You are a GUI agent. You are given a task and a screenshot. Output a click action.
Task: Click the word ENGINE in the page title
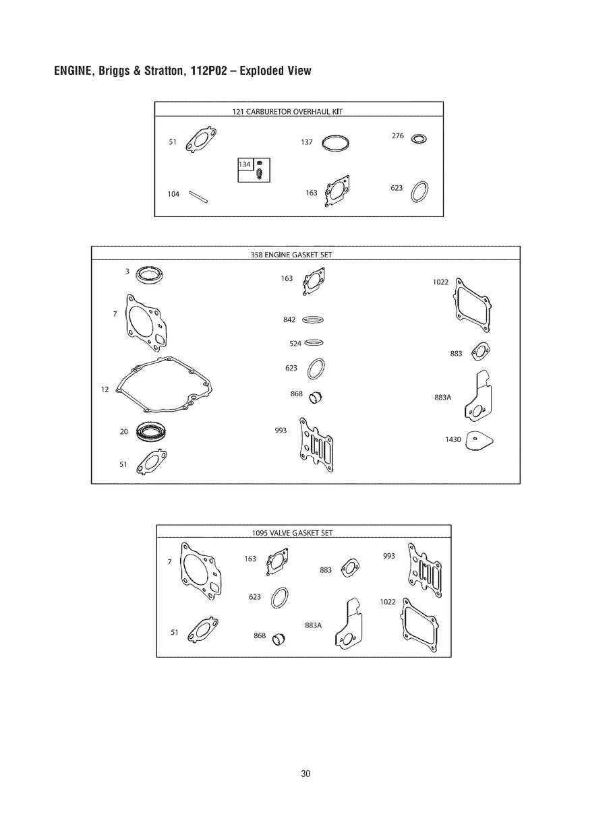(74, 71)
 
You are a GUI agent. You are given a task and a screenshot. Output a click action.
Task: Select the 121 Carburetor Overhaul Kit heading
(287, 112)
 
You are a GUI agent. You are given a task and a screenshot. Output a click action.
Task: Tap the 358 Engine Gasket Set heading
(291, 255)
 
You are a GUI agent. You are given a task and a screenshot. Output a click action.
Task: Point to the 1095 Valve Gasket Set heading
(292, 533)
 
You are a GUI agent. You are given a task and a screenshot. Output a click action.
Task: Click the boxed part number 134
(245, 164)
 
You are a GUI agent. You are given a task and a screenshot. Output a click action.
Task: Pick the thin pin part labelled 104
(198, 197)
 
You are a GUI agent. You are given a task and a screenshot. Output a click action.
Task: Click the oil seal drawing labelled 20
(151, 432)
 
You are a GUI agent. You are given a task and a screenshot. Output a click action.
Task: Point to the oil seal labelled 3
(150, 275)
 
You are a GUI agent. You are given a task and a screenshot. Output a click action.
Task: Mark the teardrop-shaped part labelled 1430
(479, 441)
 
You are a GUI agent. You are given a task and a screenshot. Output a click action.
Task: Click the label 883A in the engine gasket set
(442, 398)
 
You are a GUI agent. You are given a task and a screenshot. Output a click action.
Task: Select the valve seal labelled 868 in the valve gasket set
(279, 639)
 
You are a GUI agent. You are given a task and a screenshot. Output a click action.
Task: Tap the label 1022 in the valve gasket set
(388, 602)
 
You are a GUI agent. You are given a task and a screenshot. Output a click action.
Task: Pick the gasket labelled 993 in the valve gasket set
(425, 570)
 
